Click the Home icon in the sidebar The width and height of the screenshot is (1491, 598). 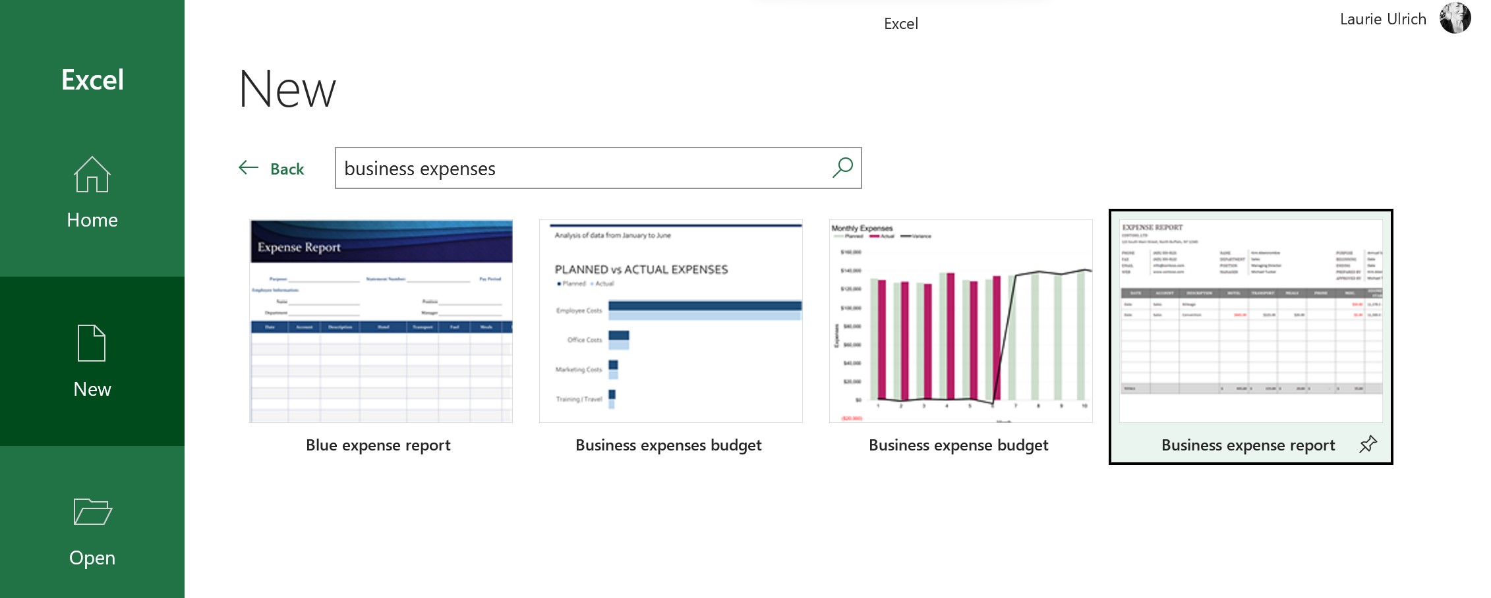92,175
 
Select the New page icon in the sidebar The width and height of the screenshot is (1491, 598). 92,343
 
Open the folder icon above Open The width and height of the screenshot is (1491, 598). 92,512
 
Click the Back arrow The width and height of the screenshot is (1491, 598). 248,167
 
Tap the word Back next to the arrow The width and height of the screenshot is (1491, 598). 287,169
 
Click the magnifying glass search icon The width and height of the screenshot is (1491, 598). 842,167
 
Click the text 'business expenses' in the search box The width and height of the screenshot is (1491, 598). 420,169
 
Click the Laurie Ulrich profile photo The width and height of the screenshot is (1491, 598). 1455,18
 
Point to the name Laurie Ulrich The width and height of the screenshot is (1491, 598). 1383,20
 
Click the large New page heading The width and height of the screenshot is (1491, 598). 287,90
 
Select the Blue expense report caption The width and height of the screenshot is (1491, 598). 378,445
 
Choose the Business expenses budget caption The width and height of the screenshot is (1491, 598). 668,445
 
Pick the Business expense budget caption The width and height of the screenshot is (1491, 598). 958,445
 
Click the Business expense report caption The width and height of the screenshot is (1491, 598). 1248,445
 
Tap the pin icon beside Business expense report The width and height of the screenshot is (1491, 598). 1368,445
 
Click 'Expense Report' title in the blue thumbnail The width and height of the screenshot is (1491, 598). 299,248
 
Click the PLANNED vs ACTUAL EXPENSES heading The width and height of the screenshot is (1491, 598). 641,269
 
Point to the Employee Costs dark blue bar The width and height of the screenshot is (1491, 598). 704,306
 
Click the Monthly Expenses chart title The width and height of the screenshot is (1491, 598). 862,229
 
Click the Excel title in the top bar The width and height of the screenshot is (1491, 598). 900,24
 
